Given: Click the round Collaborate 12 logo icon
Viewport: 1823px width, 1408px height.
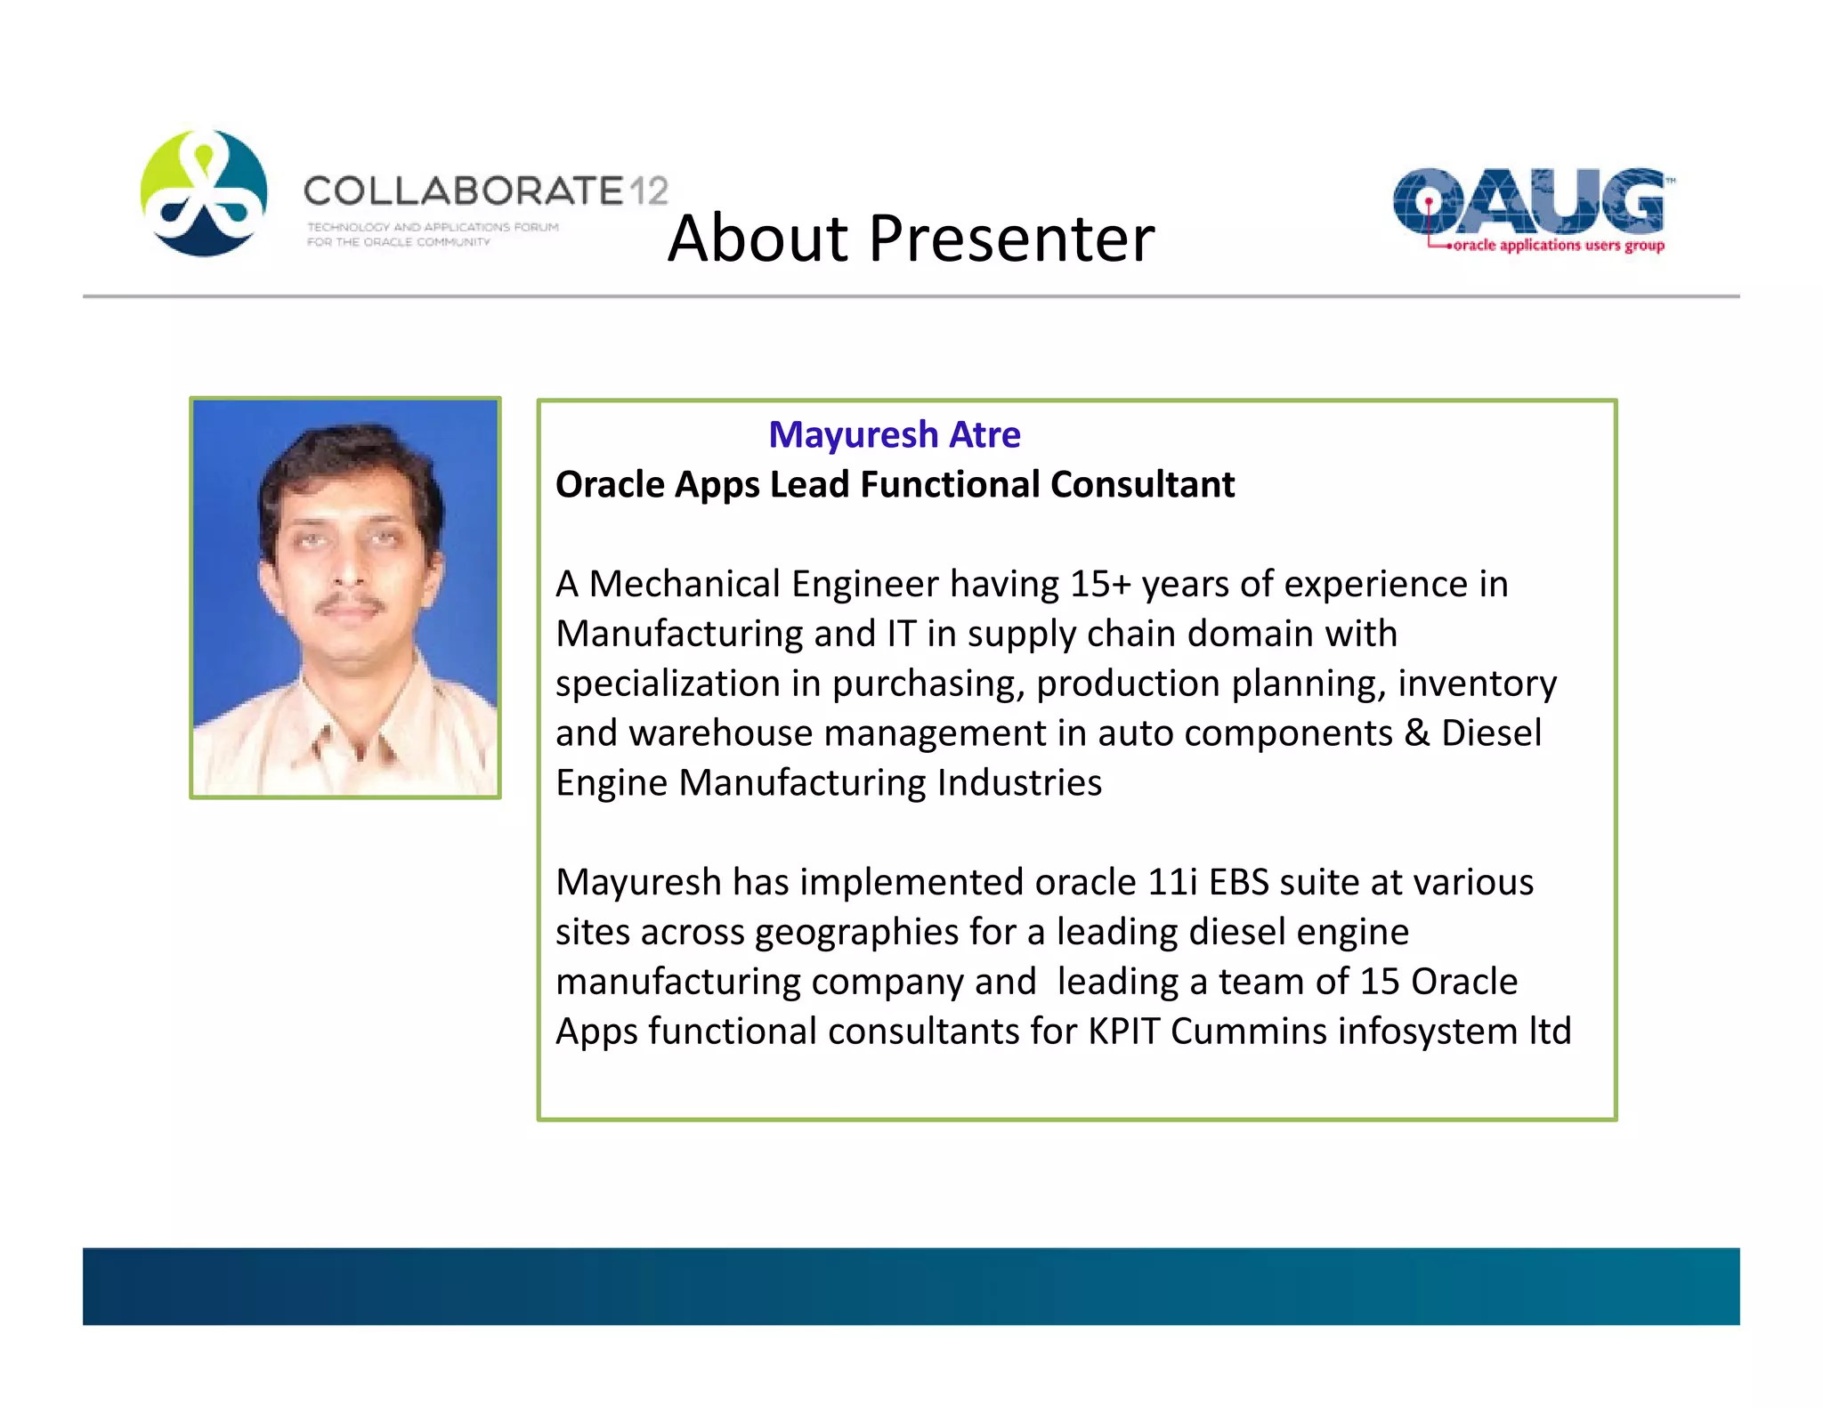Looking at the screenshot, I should click(x=204, y=193).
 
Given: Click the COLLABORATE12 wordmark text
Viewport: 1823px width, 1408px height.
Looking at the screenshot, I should click(x=485, y=191).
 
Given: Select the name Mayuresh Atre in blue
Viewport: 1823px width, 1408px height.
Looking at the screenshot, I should click(x=894, y=435).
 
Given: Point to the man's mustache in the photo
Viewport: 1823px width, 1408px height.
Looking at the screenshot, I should click(x=351, y=605).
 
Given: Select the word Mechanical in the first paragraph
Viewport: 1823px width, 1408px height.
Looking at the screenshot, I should click(x=685, y=585).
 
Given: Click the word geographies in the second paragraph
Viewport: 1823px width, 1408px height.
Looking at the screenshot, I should click(x=856, y=933).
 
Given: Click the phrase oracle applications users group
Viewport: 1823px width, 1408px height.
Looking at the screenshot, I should click(x=1558, y=245).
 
